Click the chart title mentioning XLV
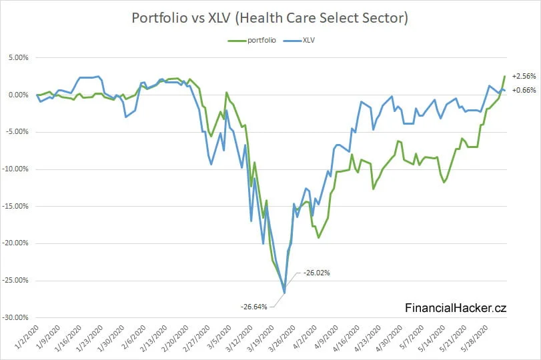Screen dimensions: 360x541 [x=270, y=18]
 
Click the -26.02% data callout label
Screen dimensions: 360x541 [x=317, y=273]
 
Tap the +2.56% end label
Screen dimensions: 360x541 [x=524, y=76]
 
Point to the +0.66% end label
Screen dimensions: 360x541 [x=524, y=90]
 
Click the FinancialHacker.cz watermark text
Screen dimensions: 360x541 [x=456, y=307]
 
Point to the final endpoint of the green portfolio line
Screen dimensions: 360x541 [x=504, y=76]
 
